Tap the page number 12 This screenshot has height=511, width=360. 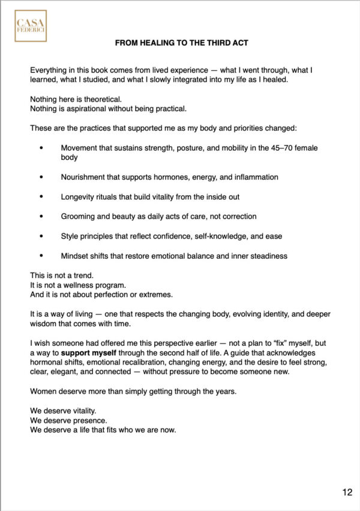(347, 493)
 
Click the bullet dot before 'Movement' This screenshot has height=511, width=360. (41, 148)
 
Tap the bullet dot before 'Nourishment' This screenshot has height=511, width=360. (41, 177)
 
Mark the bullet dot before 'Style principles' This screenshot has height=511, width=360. (41, 236)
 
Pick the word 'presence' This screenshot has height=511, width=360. (87, 422)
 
